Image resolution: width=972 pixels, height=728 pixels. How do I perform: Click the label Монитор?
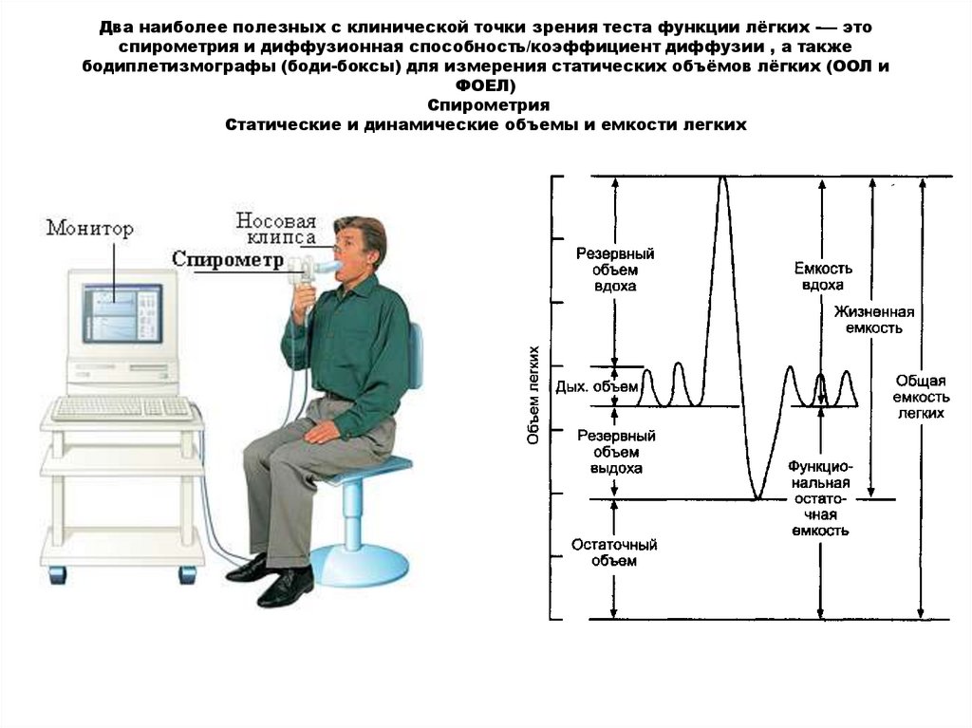[90, 229]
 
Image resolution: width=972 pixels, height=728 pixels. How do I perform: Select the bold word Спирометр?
[228, 258]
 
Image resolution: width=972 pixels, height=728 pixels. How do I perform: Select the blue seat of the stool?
[375, 466]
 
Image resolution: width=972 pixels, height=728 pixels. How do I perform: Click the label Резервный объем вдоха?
[615, 270]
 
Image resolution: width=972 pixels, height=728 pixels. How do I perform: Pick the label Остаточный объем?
[614, 552]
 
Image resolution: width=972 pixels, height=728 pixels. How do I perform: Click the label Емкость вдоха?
[821, 276]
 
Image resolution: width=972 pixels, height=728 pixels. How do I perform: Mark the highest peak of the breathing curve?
[724, 179]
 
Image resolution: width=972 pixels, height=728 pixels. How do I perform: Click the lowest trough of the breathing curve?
[757, 496]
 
